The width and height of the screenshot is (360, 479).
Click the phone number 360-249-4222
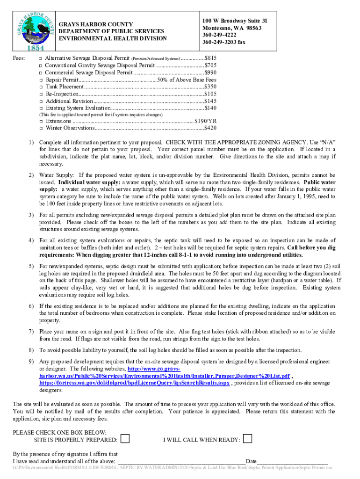pyautogui.click(x=219, y=35)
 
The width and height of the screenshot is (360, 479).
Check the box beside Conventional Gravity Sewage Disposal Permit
pyautogui.click(x=41, y=65)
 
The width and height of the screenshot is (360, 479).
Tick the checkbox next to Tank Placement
pyautogui.click(x=41, y=87)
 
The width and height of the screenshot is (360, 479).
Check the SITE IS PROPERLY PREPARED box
pyautogui.click(x=125, y=439)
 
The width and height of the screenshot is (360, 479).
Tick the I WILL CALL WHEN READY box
pyautogui.click(x=248, y=439)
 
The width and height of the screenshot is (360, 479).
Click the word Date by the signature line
pyautogui.click(x=251, y=461)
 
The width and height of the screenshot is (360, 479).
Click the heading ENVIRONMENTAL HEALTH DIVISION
pyautogui.click(x=112, y=38)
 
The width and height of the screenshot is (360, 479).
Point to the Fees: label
pyautogui.click(x=19, y=58)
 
